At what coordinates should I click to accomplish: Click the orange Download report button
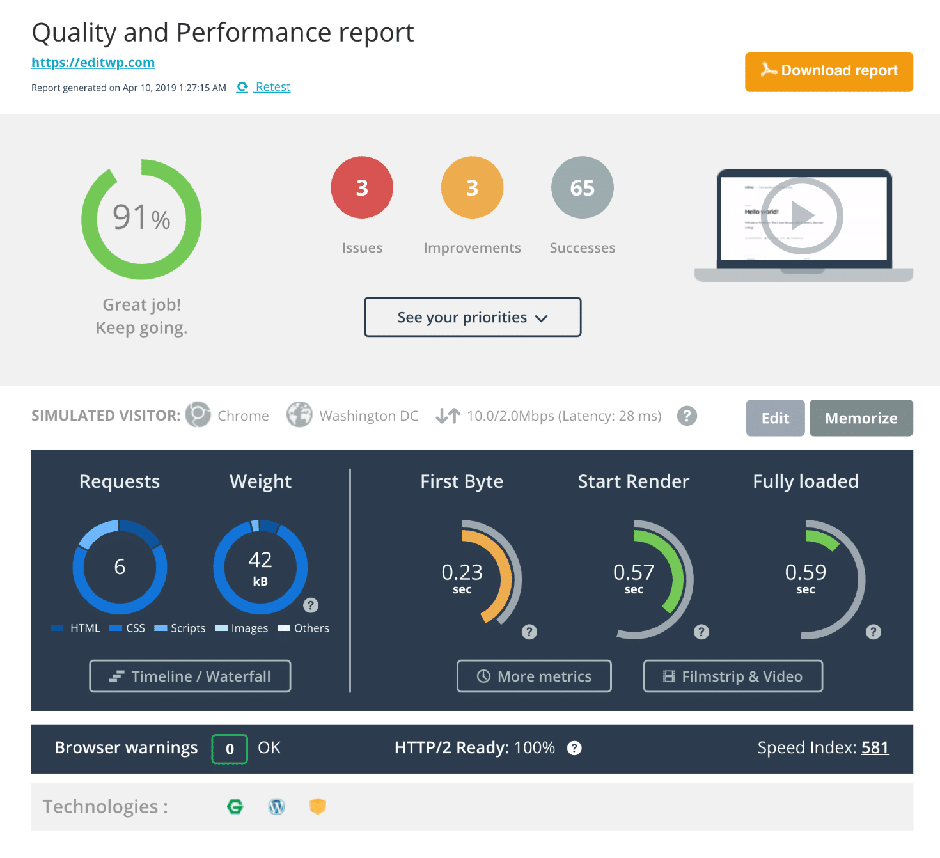828,72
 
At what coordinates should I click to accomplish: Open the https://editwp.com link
93,63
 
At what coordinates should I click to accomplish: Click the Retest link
272,87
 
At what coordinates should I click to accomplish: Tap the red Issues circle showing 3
362,187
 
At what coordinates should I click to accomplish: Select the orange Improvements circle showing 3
472,187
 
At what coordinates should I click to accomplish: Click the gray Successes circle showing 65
582,187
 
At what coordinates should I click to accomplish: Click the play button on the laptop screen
802,215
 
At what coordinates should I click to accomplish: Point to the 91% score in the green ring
141,218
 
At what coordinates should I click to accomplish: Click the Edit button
775,418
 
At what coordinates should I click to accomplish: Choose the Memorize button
861,418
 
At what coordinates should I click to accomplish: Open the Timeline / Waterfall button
190,676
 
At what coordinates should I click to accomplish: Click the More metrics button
534,676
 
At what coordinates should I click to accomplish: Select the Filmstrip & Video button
733,676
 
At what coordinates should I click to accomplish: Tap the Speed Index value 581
875,747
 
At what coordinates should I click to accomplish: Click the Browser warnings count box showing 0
230,749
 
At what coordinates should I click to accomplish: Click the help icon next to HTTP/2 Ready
574,748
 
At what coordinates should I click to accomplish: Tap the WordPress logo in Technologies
276,807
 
